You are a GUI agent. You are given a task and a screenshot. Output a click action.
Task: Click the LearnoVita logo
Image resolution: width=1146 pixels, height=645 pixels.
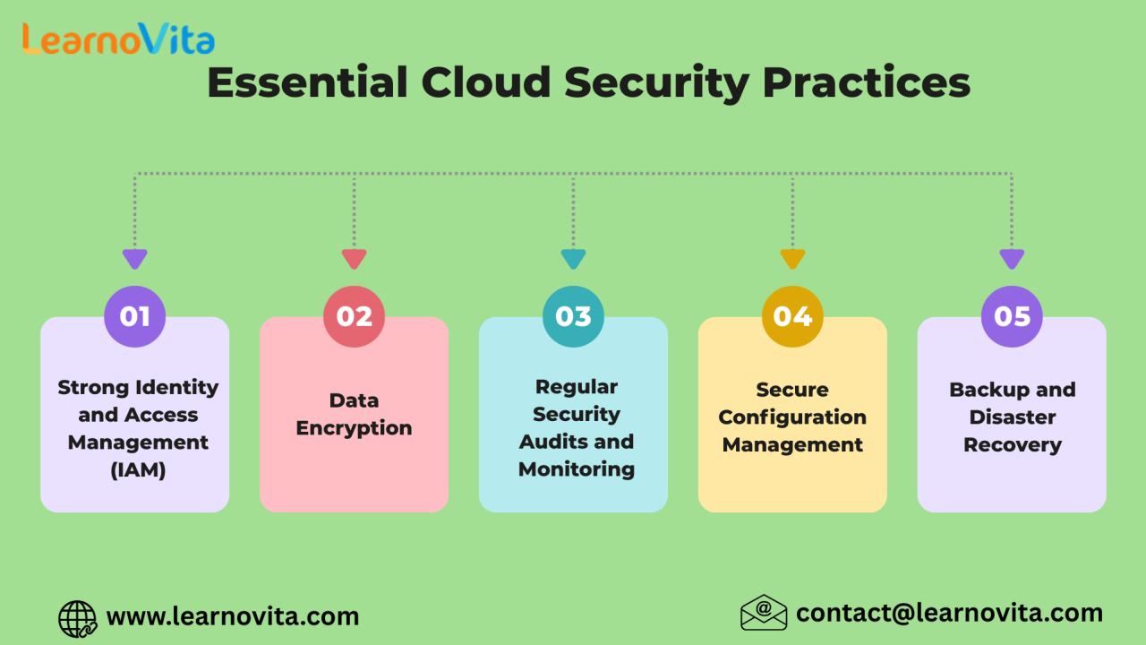(118, 39)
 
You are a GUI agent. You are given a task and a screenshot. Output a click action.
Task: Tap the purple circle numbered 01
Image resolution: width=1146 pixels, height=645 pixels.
(134, 316)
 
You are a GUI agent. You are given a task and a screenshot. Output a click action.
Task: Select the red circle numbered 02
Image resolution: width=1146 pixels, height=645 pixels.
(354, 316)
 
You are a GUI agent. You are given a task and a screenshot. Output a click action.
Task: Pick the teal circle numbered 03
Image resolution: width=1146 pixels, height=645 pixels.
(573, 316)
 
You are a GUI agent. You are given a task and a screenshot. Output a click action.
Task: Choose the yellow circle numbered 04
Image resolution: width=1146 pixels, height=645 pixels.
(792, 316)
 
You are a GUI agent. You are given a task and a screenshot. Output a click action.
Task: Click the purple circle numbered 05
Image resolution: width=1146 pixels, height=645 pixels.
(1012, 316)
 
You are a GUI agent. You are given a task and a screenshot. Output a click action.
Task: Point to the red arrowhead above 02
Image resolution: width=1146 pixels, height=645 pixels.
(354, 259)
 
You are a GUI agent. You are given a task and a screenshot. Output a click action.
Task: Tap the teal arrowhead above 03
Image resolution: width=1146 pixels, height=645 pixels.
(573, 259)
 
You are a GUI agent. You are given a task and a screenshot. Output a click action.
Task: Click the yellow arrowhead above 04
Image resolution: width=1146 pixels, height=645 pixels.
(792, 259)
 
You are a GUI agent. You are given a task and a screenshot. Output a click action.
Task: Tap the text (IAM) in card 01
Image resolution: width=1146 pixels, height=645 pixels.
(138, 470)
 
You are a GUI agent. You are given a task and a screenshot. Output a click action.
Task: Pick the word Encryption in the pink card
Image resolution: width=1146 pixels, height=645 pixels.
(354, 428)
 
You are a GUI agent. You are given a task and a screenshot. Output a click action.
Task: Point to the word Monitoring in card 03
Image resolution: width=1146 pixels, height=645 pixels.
(577, 469)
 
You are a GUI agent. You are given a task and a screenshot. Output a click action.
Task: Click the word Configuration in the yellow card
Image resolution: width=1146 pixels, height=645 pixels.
(792, 417)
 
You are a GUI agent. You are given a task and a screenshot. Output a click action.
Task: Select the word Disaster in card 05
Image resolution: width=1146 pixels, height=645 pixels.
(1013, 417)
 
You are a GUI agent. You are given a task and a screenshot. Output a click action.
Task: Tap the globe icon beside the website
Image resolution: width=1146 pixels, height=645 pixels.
(78, 619)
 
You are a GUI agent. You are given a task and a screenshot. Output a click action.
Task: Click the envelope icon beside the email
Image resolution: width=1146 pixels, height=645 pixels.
(764, 612)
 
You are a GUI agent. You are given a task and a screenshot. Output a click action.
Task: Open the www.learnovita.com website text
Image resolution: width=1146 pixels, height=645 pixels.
(233, 616)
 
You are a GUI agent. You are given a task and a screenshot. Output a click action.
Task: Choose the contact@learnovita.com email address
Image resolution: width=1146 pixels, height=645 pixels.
(950, 614)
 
